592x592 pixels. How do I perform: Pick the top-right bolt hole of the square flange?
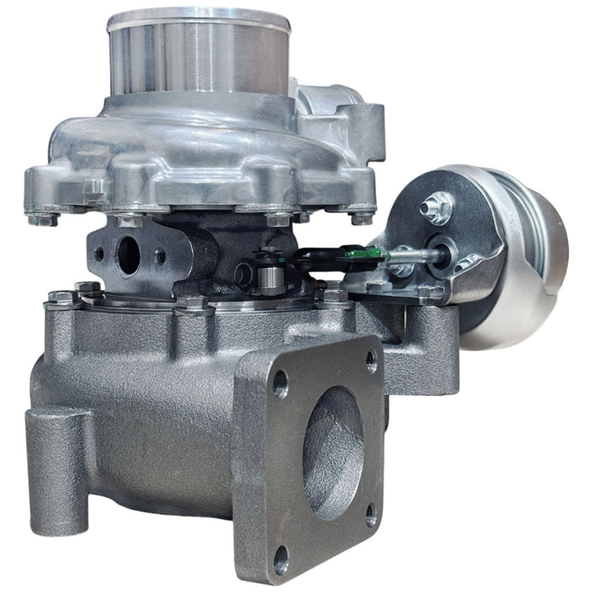pyautogui.click(x=371, y=362)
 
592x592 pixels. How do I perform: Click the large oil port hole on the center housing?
pyautogui.click(x=129, y=256)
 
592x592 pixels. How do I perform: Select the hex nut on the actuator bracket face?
pyautogui.click(x=438, y=206)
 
